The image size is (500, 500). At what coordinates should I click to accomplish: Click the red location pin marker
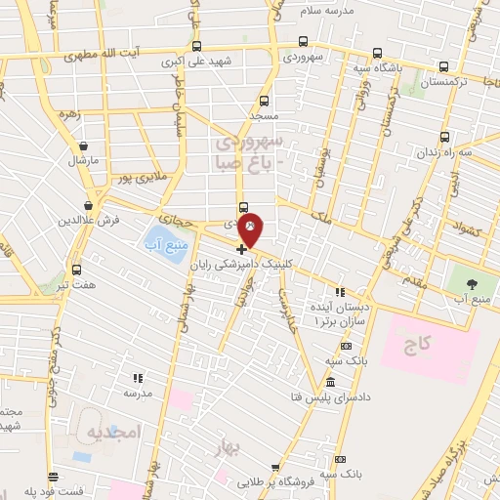click(x=251, y=229)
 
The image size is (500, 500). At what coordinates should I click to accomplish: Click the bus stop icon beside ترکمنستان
click(x=445, y=67)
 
